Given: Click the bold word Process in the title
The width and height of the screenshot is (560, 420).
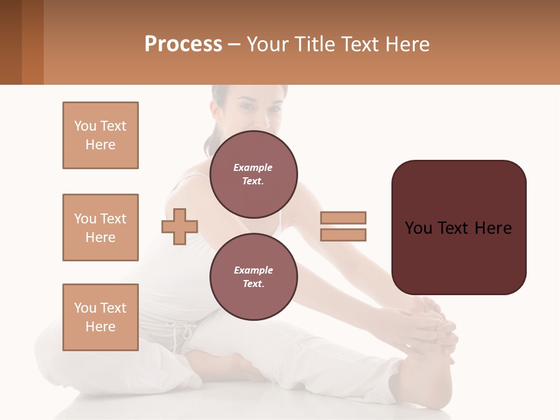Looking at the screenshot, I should pos(183,44).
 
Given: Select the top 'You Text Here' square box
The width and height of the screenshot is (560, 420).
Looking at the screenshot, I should pos(100,135).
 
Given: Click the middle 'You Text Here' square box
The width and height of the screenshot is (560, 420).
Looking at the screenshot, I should pos(100,228).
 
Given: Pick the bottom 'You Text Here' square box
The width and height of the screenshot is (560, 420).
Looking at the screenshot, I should pos(100,317).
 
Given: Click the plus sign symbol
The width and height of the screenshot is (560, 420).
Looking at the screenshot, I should pos(180,226).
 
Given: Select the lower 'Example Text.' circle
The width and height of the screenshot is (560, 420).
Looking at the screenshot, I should pos(253,277).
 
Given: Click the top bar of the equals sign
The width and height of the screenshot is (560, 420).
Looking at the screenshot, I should pos(343,218).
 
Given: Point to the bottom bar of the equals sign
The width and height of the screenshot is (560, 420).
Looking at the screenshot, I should pos(343,235).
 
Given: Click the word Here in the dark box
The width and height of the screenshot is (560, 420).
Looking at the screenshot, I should pos(492,228).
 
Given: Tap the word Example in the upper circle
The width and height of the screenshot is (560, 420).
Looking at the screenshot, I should pos(253,167).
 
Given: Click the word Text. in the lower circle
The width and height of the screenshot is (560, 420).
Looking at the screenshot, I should pos(253,284).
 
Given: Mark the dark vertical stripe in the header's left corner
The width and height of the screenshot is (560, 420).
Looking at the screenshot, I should pos(10,42).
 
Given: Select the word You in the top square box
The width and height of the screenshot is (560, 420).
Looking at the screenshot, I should pos(85,126).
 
